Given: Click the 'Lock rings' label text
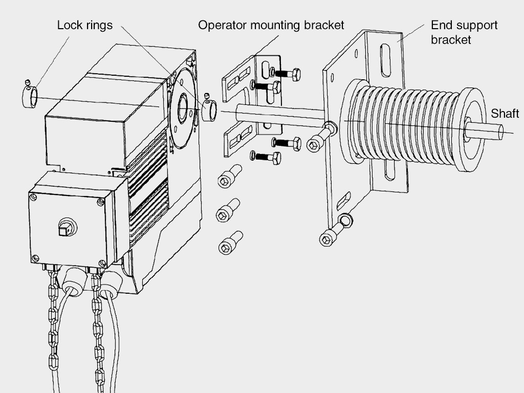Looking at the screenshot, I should [x=84, y=25].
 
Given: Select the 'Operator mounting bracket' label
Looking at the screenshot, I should [x=271, y=25].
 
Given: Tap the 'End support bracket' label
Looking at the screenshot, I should [x=464, y=32].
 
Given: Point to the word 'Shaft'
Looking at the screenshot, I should [x=505, y=114].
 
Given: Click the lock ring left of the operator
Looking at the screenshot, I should [x=29, y=97].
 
